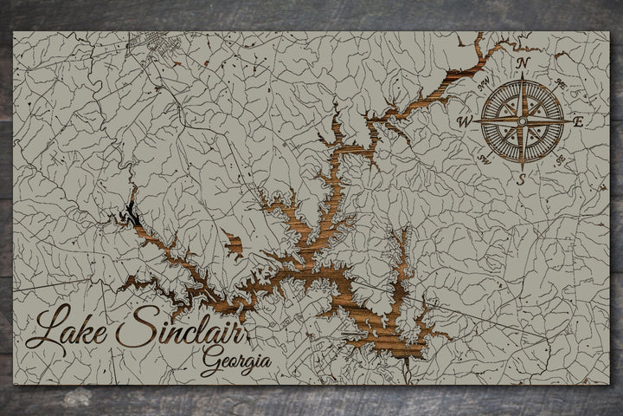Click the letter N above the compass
pyautogui.click(x=522, y=63)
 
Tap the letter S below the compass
pyautogui.click(x=521, y=179)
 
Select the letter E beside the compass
pyautogui.click(x=578, y=121)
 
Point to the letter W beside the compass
pyautogui.click(x=465, y=122)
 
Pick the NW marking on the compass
pyautogui.click(x=484, y=85)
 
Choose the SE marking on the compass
pyautogui.click(x=561, y=159)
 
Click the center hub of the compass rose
pyautogui.click(x=522, y=121)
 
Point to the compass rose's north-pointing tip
pyautogui.click(x=522, y=78)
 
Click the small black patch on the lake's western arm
pyautogui.click(x=130, y=211)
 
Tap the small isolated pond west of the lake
pyautogui.click(x=232, y=242)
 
